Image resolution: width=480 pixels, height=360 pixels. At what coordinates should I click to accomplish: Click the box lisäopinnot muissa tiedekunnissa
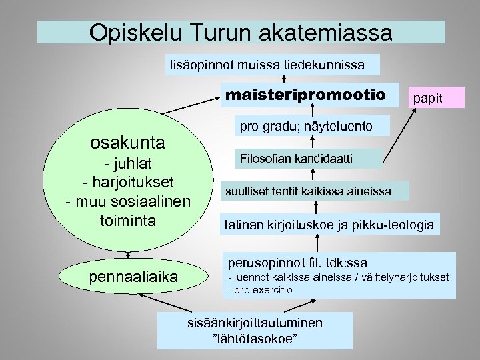pyautogui.click(x=273, y=65)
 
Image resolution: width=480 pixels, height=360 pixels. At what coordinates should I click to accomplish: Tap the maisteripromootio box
pyautogui.click(x=305, y=95)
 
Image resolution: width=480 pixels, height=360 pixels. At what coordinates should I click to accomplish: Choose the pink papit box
pyautogui.click(x=427, y=98)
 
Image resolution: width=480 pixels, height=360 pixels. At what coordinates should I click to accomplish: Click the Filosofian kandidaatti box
pyautogui.click(x=307, y=158)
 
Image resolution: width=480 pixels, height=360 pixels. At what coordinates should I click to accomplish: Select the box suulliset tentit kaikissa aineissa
pyautogui.click(x=307, y=191)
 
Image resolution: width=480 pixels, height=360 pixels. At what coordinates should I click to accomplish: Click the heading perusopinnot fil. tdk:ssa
pyautogui.click(x=297, y=263)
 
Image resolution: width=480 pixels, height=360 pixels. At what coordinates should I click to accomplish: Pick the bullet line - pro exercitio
pyautogui.click(x=260, y=290)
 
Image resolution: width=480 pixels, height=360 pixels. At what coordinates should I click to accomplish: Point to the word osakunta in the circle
pyautogui.click(x=127, y=143)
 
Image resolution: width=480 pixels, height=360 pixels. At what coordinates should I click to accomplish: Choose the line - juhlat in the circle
pyautogui.click(x=127, y=163)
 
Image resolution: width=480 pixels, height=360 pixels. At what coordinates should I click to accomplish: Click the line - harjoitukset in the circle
pyautogui.click(x=127, y=181)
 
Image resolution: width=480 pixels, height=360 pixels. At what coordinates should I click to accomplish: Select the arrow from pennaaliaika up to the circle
pyautogui.click(x=127, y=255)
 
